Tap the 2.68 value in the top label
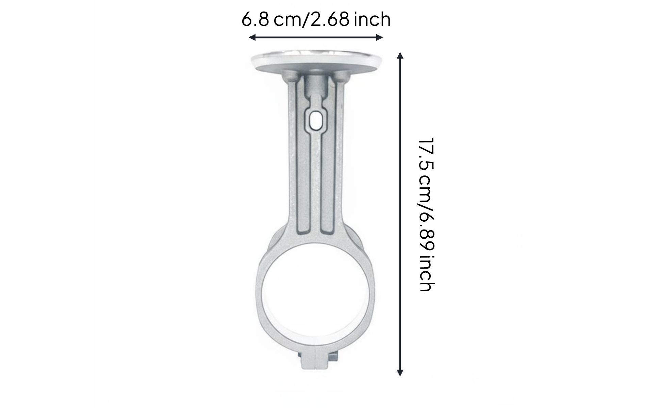point(330,19)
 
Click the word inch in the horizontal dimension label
point(372,19)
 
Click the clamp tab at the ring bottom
point(316,360)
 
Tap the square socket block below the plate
point(316,85)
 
